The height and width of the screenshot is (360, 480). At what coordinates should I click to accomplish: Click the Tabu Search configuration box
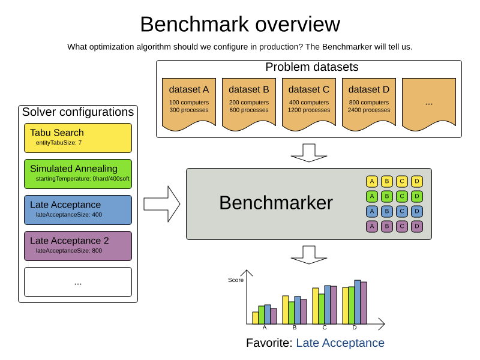click(78, 138)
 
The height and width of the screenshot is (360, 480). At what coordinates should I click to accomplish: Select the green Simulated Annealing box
click(78, 174)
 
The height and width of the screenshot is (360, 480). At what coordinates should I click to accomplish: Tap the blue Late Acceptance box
click(78, 210)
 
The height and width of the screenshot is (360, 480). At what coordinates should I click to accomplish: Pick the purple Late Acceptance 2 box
click(78, 246)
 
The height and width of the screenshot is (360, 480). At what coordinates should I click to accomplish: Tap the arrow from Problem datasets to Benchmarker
click(309, 152)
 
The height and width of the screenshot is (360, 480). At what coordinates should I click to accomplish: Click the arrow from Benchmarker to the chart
click(309, 254)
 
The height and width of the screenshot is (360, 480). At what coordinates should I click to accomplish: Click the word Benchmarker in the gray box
click(275, 203)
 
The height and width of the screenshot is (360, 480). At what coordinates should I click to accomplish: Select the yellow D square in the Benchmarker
click(417, 181)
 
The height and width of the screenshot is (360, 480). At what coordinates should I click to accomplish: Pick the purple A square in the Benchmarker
click(372, 226)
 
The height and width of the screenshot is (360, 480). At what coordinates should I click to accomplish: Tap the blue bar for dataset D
click(358, 302)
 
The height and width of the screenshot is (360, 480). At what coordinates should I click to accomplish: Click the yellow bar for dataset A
click(255, 318)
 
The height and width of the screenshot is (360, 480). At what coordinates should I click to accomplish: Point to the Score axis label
click(236, 280)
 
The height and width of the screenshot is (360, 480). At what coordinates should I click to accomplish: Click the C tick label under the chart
click(325, 328)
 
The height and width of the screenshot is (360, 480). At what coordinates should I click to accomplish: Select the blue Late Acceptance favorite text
click(340, 343)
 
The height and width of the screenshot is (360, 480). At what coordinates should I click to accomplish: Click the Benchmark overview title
click(240, 25)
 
